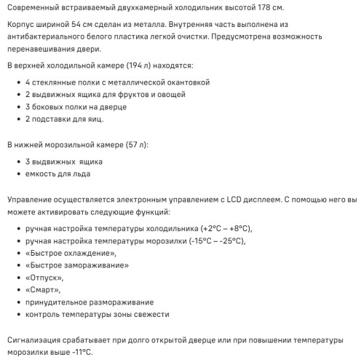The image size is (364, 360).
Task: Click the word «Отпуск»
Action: coord(44,278)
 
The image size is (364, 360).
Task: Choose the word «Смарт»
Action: coord(42,290)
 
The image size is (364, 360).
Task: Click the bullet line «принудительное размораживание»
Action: coord(89,302)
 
